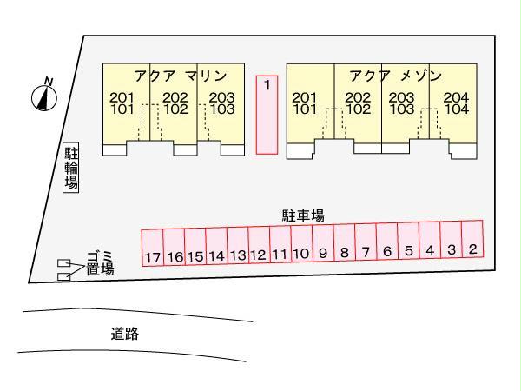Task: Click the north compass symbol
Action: tap(45, 96)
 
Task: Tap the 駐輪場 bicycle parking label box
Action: tap(72, 168)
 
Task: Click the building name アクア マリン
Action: tap(180, 75)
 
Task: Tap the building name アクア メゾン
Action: tap(396, 75)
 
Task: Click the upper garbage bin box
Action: tap(63, 263)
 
